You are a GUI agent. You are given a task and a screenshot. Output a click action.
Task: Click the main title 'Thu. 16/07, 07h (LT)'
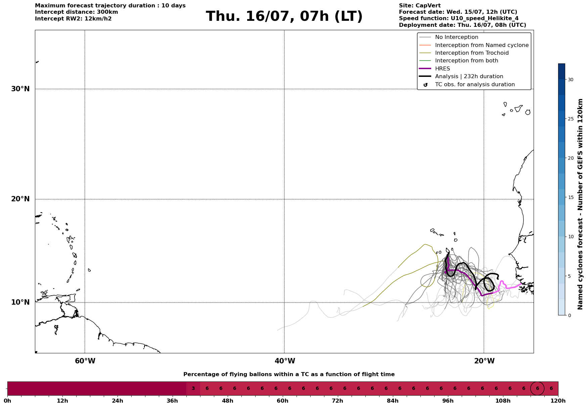[x=284, y=16]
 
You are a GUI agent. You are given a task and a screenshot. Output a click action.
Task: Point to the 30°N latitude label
[x=20, y=89]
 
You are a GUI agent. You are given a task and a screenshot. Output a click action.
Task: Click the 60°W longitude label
[x=85, y=361]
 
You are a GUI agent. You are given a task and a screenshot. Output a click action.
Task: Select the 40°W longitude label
[x=285, y=361]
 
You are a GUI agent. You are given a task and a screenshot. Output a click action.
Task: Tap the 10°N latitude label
[x=20, y=302]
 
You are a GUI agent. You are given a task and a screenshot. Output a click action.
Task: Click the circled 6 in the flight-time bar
[x=537, y=389]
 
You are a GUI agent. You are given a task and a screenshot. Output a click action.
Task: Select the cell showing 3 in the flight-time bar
[x=193, y=389]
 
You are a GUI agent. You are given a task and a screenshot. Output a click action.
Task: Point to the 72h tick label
[x=337, y=401]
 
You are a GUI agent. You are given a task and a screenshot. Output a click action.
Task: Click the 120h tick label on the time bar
[x=558, y=401]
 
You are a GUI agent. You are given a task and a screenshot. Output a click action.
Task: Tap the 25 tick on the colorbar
[x=571, y=119]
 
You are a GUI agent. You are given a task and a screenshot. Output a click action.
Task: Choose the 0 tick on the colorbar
[x=569, y=315]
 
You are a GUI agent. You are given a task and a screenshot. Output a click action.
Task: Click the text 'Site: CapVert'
[x=420, y=6]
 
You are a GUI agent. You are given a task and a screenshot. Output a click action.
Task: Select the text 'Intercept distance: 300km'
[x=77, y=12]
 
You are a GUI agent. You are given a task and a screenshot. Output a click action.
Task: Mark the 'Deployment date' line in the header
[x=462, y=25]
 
